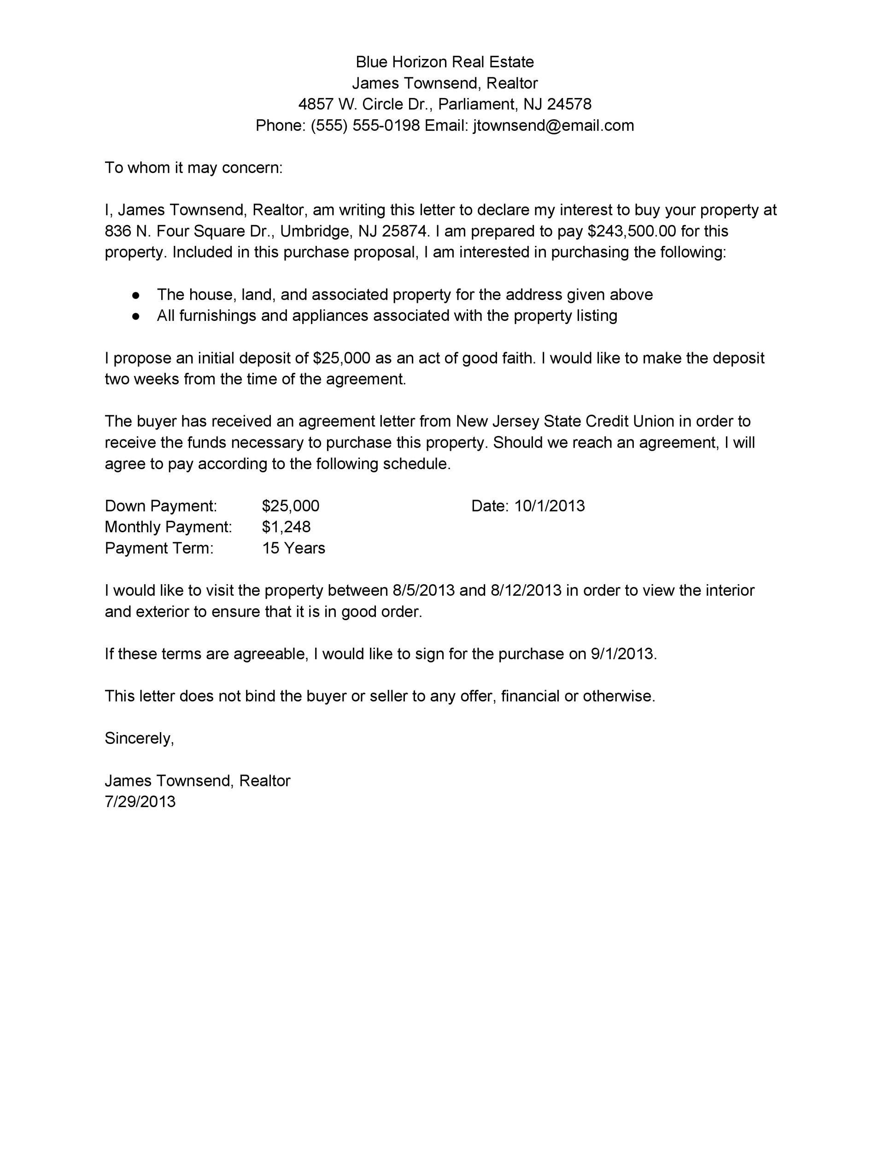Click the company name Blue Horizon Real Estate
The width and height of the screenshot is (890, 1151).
pos(445,62)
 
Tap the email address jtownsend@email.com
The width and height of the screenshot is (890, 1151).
pos(553,125)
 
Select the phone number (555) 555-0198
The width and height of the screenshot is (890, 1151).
pos(365,125)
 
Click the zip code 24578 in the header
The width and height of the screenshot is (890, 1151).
pos(569,105)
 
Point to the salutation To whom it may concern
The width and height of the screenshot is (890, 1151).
pos(193,168)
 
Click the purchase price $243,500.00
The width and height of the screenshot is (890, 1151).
pos(631,231)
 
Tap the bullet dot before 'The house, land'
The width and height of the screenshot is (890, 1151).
pos(136,295)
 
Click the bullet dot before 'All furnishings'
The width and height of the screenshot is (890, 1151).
pos(136,316)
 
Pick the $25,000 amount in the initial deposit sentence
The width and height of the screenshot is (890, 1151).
pos(341,358)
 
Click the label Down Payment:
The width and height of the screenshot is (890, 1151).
pos(161,506)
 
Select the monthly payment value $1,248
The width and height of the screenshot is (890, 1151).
pos(286,527)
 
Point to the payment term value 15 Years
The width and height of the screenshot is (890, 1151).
pos(294,548)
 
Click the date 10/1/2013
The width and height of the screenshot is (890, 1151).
pos(550,506)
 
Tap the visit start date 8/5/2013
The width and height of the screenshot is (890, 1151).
pos(423,590)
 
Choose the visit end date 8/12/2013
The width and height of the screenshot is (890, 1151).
pos(526,590)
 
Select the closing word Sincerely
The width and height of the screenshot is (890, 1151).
pos(139,738)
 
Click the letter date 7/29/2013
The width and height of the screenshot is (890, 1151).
pos(140,802)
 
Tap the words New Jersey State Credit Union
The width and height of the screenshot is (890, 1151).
pos(565,421)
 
